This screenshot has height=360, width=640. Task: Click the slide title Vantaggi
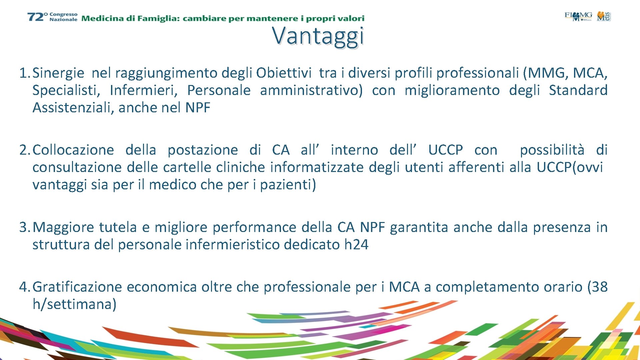tap(318, 36)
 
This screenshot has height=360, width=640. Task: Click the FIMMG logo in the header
tap(578, 16)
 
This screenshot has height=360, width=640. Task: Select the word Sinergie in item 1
tap(58, 73)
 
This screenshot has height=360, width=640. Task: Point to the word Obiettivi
tap(283, 73)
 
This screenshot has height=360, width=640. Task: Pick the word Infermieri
tap(144, 90)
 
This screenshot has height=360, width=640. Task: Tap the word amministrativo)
tap(311, 90)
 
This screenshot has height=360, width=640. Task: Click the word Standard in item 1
tap(578, 90)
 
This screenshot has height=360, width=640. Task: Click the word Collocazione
tap(73, 150)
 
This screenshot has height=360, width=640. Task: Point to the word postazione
tap(203, 150)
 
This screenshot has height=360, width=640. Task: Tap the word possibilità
tap(552, 150)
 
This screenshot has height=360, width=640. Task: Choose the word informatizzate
tap(317, 167)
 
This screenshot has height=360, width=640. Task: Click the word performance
tap(254, 227)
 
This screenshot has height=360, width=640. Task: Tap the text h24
tap(356, 245)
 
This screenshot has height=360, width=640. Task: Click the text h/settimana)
tap(74, 304)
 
